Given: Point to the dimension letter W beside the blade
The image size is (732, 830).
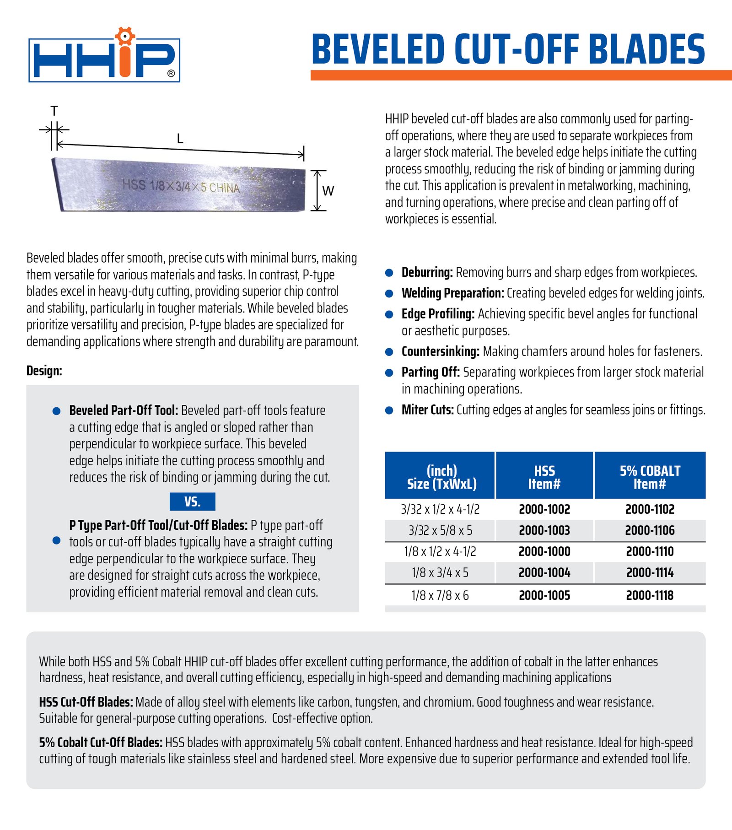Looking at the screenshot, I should coord(328,191).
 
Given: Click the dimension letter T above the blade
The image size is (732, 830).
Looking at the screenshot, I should coord(54,111).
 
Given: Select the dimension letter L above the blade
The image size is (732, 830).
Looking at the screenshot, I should coord(180,139).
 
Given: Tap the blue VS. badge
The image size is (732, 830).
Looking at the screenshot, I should coord(192,501).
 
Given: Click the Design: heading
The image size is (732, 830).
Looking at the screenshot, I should coord(44,371).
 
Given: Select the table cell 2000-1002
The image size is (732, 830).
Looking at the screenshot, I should coord(544,509).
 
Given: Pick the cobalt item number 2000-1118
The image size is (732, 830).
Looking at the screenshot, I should coord(650,595).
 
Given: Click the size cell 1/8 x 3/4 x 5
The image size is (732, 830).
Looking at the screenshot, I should coord(440,573).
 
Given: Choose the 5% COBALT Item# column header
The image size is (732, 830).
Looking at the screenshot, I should coord(650,477).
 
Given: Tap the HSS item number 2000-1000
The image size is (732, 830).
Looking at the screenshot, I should coord(544,552).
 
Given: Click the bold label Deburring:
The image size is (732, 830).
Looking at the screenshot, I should coord(427,273).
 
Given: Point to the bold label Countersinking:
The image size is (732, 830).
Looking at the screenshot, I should coord(440,351).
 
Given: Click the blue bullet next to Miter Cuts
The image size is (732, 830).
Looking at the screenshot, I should coord(389,410).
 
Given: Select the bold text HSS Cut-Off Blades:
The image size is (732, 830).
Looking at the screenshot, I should coord(86,702).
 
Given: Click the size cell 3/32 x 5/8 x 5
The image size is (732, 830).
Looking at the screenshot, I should coord(440,531).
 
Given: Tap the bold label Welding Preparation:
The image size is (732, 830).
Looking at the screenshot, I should coord(452,293).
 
